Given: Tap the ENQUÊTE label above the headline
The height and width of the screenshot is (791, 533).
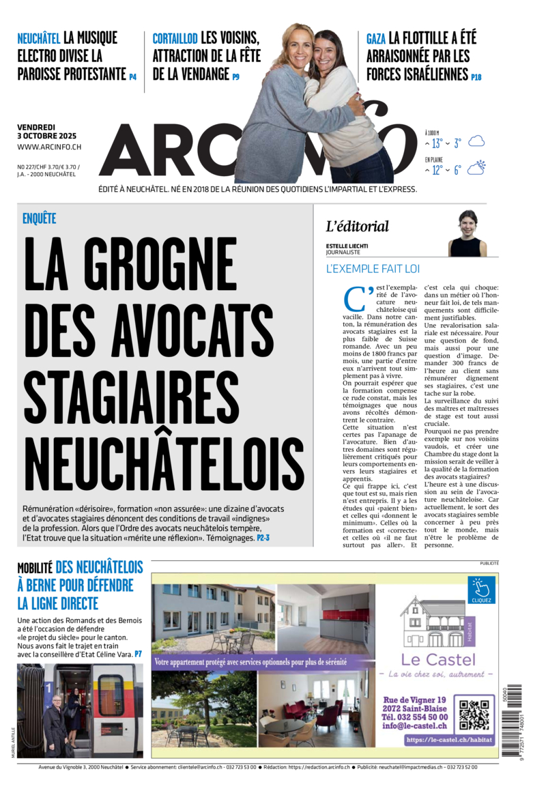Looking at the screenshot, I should tap(39, 219).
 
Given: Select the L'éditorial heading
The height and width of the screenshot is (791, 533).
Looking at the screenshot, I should tap(357, 227).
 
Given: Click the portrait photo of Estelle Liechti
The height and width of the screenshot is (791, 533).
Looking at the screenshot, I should tap(467, 233).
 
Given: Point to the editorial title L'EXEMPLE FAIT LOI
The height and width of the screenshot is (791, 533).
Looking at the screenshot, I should tap(373, 269).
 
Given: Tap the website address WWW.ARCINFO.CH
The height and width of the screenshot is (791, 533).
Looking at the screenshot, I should tap(49, 147).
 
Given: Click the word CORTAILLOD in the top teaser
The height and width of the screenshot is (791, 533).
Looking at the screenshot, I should tap(175, 39).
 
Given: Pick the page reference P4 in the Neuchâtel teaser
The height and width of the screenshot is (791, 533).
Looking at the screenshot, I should tap(133, 77).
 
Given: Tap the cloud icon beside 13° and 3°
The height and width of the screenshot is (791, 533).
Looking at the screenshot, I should tap(476, 142).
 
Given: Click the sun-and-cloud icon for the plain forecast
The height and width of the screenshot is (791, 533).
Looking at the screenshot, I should tap(476, 168).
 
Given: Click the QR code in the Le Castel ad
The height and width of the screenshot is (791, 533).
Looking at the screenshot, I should tap(474, 714).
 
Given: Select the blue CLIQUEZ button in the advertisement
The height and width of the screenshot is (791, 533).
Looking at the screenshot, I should tap(481, 590).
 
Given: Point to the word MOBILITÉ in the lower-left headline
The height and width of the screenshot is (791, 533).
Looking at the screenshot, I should tap(35, 569).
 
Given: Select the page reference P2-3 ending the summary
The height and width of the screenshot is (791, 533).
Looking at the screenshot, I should tap(263, 538).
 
